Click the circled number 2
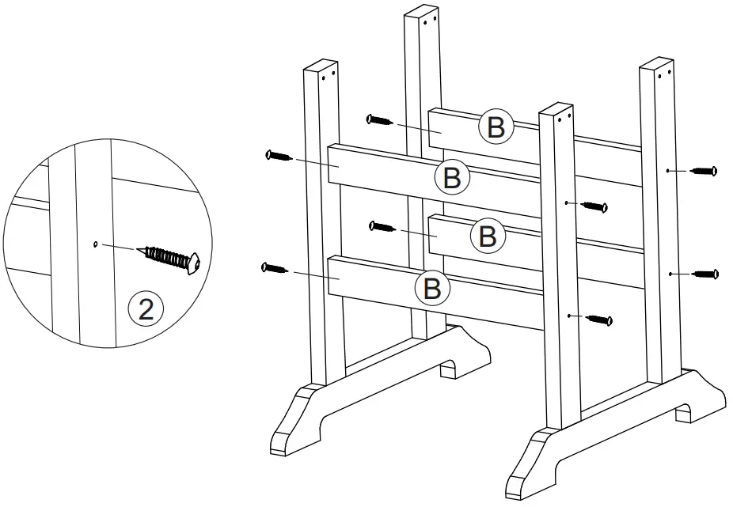point(146,308)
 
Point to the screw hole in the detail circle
point(95,244)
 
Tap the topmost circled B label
point(496,127)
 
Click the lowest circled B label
point(432,288)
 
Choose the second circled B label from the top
point(452,177)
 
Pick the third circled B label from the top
point(488,234)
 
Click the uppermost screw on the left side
point(380,120)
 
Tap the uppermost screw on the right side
point(703,170)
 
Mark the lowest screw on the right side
point(600,320)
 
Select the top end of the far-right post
point(658,66)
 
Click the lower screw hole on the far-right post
point(670,274)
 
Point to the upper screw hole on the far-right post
point(669,170)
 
